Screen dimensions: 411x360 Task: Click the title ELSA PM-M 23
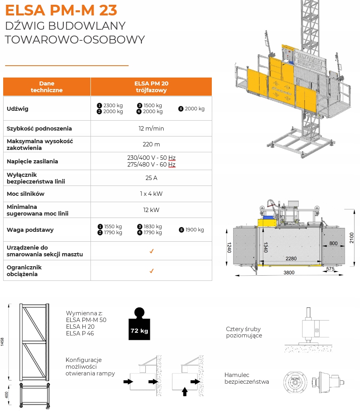point(61,9)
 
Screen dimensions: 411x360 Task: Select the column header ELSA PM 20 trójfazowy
point(151,87)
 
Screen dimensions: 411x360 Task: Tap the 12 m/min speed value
point(151,129)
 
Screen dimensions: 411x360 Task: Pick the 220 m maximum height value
point(151,144)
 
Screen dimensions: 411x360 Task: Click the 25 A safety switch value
point(151,178)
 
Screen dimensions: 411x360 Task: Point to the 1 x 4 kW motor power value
point(151,194)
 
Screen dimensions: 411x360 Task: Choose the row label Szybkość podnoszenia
point(39,129)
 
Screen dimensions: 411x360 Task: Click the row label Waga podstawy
point(30,230)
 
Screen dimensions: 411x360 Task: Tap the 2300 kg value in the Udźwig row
point(113,106)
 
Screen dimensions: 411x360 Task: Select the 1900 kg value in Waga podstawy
point(194,230)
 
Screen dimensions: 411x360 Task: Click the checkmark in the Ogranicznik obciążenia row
point(151,271)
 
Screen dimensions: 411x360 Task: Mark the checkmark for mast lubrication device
point(151,251)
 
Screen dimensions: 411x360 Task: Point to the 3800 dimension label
point(289,273)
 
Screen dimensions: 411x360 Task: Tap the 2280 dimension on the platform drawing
point(291,259)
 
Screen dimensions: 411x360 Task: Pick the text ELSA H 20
point(80,326)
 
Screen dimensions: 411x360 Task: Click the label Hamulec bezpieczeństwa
point(247,378)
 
